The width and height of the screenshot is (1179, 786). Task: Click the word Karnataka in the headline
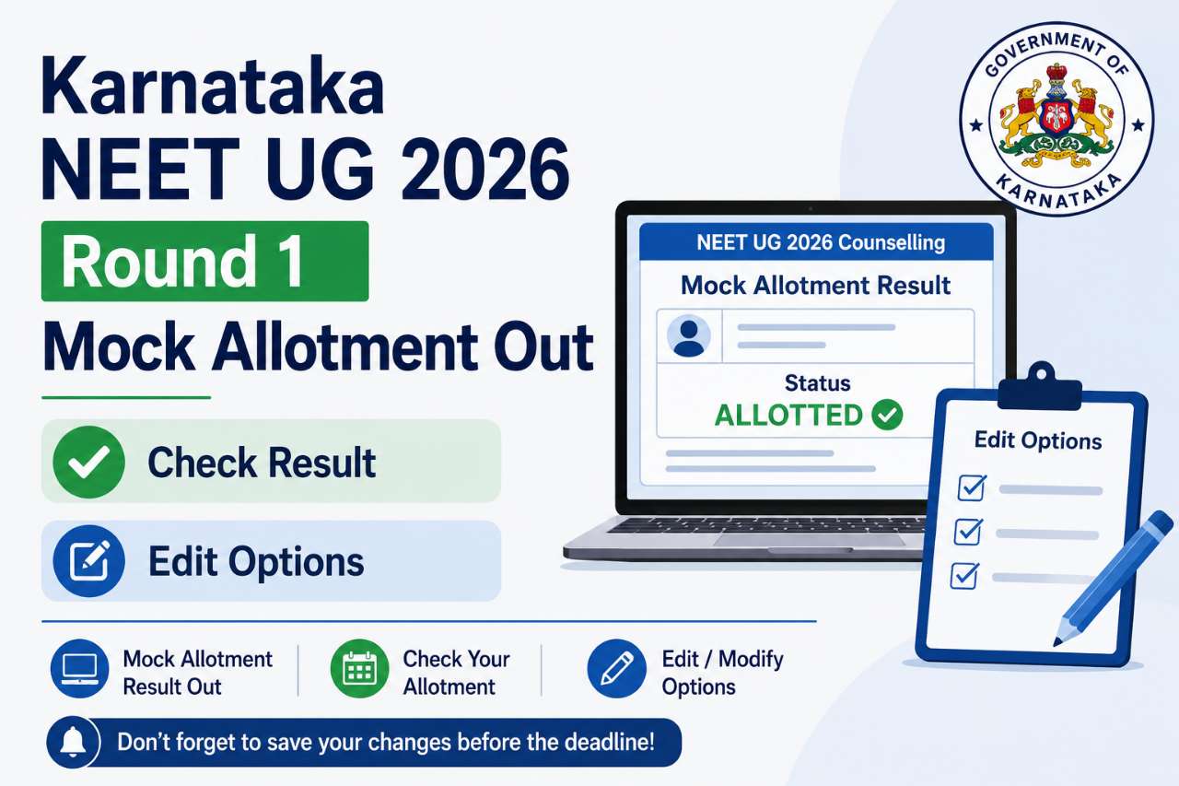coord(213,86)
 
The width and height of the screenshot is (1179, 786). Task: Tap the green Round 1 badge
coord(204,261)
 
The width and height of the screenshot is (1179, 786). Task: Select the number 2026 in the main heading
coord(484,170)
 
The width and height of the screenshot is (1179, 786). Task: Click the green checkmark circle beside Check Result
coord(89,462)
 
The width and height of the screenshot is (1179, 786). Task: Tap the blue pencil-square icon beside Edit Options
coord(89,561)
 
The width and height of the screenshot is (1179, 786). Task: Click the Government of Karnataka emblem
coord(1056,119)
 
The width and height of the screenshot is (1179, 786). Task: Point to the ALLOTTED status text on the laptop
coord(788,416)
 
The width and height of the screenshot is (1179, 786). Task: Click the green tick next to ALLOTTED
coord(887,415)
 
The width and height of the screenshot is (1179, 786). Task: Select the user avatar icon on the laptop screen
coord(688,336)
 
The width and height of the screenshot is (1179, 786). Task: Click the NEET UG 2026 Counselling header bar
coord(816,241)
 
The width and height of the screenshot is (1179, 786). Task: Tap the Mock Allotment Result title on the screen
coord(815,286)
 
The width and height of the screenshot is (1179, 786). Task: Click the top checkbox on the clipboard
coord(972,487)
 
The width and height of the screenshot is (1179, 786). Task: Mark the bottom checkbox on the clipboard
coord(964,575)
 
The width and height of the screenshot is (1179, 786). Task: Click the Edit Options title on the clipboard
coord(1038,440)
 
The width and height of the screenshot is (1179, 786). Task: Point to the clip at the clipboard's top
coord(1040,386)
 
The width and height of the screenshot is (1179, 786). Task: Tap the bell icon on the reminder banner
coord(73,743)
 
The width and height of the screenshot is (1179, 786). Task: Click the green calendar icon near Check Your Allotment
coord(359,669)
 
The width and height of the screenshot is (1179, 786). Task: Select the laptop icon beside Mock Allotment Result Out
coord(79,669)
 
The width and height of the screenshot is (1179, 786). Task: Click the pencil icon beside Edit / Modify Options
coord(617,669)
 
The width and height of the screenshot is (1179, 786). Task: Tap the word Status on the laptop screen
coord(817,382)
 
